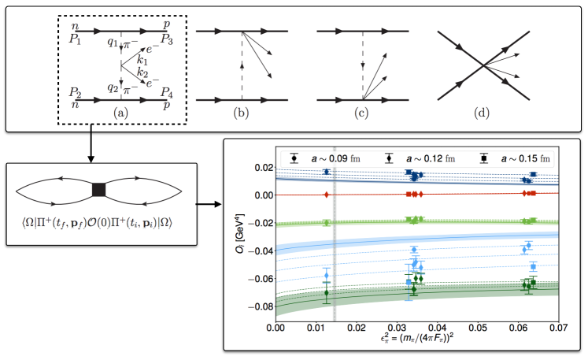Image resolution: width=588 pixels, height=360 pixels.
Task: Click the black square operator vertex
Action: coord(98,190)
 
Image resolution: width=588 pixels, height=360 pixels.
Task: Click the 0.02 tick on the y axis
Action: coord(264,168)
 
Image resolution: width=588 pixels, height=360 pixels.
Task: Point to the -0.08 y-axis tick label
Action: coord(261,306)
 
